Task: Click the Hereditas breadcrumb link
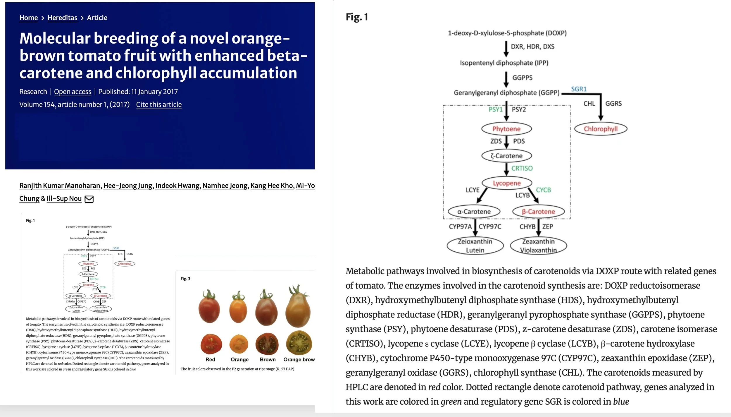62,18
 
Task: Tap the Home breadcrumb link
28,18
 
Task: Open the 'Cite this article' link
159,104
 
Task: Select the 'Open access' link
73,92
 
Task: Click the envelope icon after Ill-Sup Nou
89,199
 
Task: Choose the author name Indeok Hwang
177,186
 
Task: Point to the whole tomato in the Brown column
266,309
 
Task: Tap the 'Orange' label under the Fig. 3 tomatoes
239,359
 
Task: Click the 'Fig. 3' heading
185,279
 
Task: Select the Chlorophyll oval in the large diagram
601,129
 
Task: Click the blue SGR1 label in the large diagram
579,89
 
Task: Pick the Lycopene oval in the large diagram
507,183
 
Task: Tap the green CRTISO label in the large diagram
522,168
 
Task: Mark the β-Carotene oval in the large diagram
538,212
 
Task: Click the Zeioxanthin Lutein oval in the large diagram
475,246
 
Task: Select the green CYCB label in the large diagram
543,190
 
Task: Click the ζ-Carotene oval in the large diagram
506,156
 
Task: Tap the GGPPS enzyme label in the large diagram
522,78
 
